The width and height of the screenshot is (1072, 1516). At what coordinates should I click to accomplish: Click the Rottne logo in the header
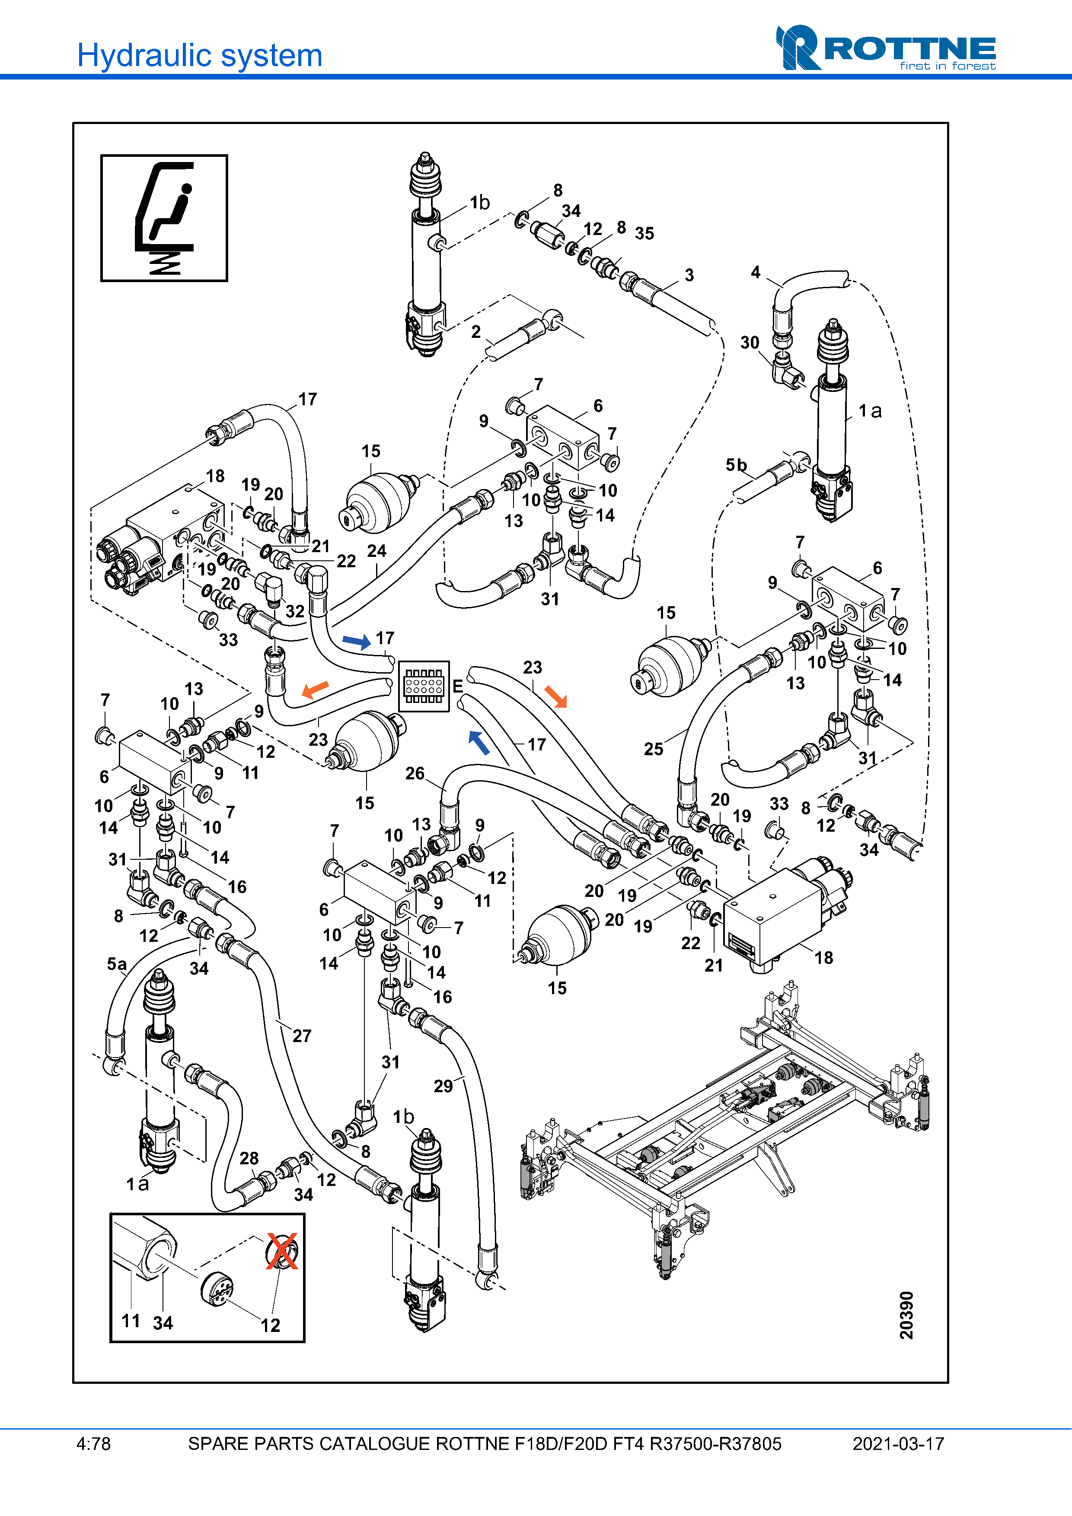[x=885, y=48]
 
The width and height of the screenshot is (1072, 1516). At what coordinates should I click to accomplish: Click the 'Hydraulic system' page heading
[x=199, y=55]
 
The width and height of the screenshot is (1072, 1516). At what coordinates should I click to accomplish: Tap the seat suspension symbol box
[x=164, y=218]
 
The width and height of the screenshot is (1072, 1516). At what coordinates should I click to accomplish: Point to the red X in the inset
[x=282, y=1251]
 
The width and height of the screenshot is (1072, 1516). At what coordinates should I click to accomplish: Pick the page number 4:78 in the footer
[x=93, y=1444]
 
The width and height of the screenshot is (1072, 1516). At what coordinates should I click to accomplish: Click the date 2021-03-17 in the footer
[x=898, y=1444]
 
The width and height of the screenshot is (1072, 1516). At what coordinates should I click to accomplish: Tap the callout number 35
[x=644, y=233]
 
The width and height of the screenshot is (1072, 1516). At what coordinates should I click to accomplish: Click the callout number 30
[x=749, y=342]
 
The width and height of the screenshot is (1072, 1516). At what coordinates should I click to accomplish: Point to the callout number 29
[x=443, y=1086]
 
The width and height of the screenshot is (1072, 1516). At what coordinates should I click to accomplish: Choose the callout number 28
[x=249, y=1158]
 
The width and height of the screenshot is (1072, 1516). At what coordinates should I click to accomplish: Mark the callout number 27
[x=302, y=1035]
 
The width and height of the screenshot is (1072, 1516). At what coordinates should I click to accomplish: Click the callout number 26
[x=415, y=773]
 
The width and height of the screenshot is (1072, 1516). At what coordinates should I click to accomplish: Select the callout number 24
[x=376, y=551]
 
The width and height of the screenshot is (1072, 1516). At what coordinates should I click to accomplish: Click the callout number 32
[x=295, y=611]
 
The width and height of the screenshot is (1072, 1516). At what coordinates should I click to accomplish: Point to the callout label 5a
[x=116, y=964]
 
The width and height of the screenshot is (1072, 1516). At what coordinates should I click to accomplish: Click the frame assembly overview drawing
[x=727, y=1122]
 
